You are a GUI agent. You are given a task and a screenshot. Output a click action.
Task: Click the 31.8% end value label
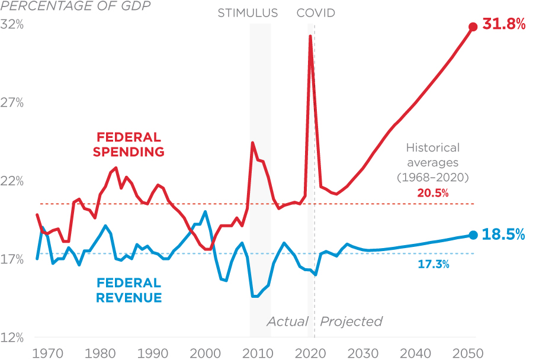tap(505, 25)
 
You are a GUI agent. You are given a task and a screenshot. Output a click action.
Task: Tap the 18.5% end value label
tap(504, 234)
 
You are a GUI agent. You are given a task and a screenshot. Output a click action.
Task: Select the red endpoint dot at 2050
tap(473, 27)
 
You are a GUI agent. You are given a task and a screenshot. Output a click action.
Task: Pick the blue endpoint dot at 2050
tap(473, 235)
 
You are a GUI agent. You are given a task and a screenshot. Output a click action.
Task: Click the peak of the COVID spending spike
tap(310, 37)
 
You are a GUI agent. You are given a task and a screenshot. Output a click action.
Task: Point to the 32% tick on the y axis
tap(12, 25)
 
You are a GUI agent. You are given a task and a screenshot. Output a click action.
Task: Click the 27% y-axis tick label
tap(12, 103)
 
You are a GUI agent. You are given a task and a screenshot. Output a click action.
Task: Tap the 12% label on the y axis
tap(12, 338)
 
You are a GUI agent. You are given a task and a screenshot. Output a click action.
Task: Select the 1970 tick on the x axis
tap(48, 353)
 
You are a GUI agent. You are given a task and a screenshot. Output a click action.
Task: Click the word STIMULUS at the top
tap(248, 13)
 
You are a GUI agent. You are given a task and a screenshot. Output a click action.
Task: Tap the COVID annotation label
tap(316, 13)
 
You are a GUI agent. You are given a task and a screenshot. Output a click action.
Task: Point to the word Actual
tap(287, 322)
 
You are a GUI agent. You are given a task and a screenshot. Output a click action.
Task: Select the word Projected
tap(351, 322)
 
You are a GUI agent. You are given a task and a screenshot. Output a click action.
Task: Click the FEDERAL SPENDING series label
tap(128, 144)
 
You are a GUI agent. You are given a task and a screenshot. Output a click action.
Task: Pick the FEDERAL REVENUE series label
tap(128, 290)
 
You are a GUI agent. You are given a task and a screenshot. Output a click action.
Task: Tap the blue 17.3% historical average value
tap(434, 265)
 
